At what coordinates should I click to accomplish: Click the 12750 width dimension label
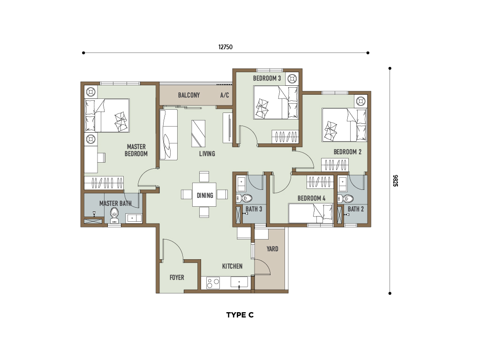coord(225,47)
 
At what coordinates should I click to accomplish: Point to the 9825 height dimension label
coord(396,180)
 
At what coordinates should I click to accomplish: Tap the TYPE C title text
coord(240,315)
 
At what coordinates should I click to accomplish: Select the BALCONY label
coord(189,95)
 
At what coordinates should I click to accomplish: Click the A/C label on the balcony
coord(225,95)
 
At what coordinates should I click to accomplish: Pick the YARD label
coord(272,249)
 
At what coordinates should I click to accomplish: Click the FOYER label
coord(177,277)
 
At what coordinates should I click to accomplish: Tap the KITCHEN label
coord(232,266)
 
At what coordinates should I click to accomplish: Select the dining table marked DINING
coord(204,195)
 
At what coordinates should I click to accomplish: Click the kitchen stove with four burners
coord(213,283)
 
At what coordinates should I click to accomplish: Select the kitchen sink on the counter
coord(239,283)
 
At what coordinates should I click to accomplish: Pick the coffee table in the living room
coord(198,134)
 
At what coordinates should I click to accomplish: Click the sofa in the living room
coord(168,135)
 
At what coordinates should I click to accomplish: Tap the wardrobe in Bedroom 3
coord(285,136)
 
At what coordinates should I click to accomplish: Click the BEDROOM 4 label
coord(311,198)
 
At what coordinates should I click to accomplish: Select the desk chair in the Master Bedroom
coord(101,157)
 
